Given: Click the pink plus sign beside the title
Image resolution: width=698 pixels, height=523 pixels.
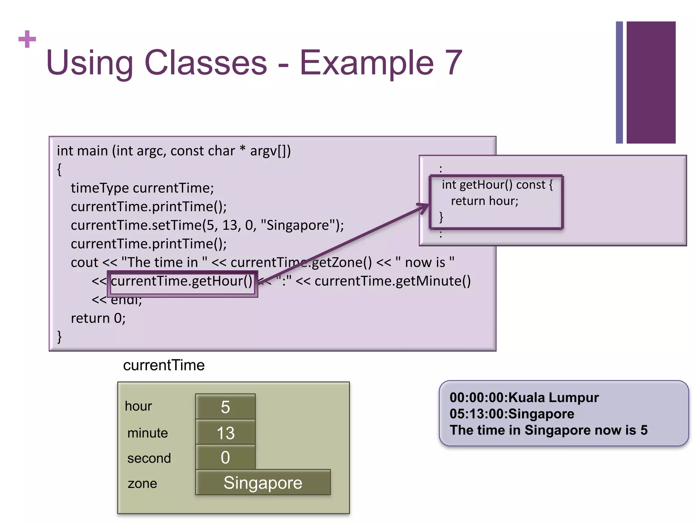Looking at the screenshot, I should pyautogui.click(x=27, y=39).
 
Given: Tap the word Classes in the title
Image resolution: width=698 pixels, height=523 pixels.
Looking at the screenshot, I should pyautogui.click(x=206, y=63).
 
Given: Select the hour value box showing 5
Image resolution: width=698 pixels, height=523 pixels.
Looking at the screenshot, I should pyautogui.click(x=225, y=407).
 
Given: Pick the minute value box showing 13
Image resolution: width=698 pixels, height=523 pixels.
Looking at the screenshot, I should pyautogui.click(x=225, y=433).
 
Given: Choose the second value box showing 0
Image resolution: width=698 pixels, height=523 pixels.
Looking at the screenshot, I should pyautogui.click(x=225, y=457).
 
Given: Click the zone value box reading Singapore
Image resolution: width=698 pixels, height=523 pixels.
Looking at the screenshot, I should pyautogui.click(x=263, y=482).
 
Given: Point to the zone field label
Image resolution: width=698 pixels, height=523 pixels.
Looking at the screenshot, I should pyautogui.click(x=142, y=484).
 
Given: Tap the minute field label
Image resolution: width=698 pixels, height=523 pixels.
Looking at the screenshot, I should pyautogui.click(x=147, y=433).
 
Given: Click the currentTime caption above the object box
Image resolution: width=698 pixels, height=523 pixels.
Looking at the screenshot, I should pyautogui.click(x=164, y=365).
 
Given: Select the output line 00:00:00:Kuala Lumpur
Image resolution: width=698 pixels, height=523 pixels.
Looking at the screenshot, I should pyautogui.click(x=524, y=398).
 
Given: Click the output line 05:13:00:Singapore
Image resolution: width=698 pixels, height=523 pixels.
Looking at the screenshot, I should pyautogui.click(x=512, y=414).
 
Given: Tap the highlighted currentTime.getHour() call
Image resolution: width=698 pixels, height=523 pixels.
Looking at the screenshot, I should pyautogui.click(x=182, y=281).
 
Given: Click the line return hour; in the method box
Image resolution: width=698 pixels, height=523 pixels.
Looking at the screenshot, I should pyautogui.click(x=484, y=201).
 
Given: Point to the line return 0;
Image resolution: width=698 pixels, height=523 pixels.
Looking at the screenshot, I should pyautogui.click(x=98, y=318).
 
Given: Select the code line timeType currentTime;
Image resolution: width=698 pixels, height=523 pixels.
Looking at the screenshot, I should pyautogui.click(x=142, y=188).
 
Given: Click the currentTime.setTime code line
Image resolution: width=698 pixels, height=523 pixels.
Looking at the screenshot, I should pyautogui.click(x=207, y=225).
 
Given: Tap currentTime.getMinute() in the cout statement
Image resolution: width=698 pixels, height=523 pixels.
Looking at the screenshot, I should pyautogui.click(x=392, y=281).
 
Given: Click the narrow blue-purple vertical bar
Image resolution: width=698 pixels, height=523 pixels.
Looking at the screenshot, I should pyautogui.click(x=619, y=82).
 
